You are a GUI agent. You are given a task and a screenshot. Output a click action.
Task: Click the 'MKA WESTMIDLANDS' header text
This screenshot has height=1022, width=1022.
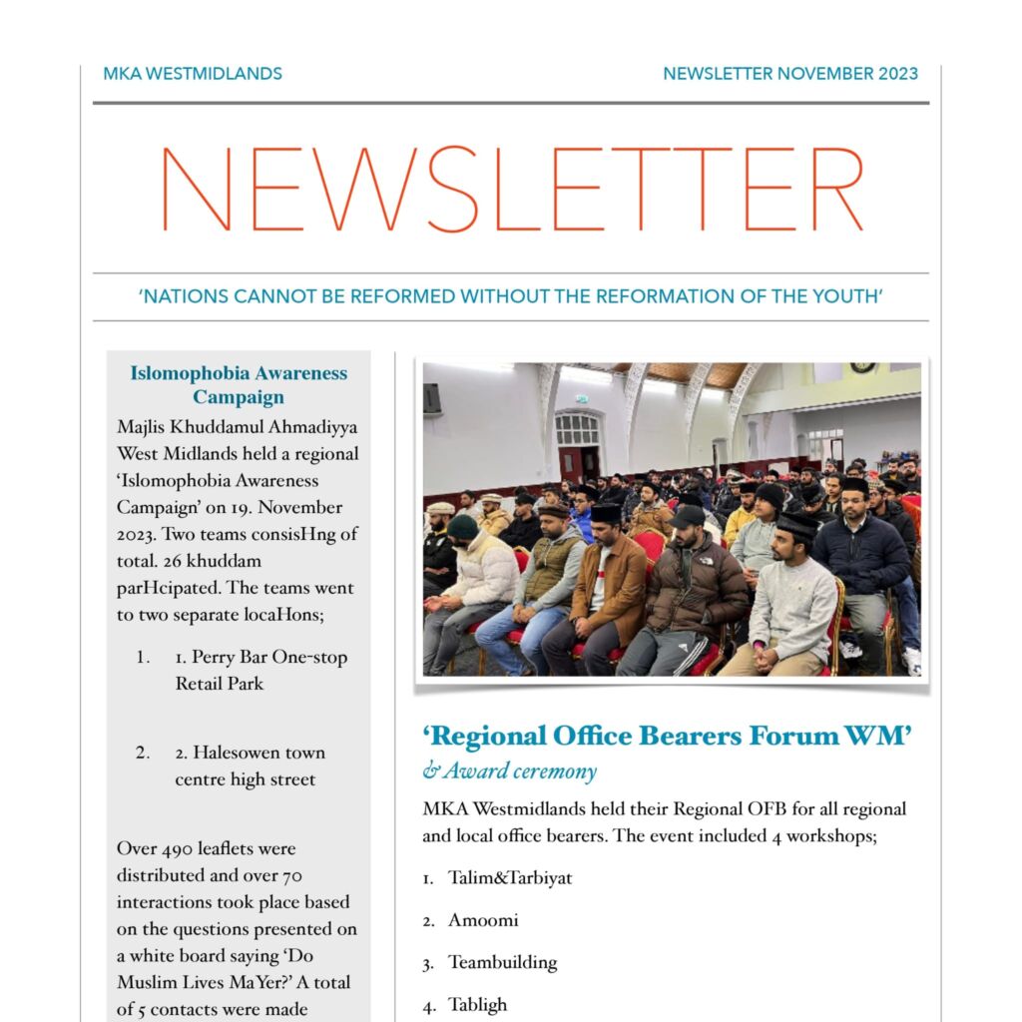pos(193,74)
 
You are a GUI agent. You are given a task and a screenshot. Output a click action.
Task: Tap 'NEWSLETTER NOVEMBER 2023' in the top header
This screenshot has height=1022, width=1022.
pos(790,74)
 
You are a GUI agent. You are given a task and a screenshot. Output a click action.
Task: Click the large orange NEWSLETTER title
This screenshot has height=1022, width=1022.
pos(511,190)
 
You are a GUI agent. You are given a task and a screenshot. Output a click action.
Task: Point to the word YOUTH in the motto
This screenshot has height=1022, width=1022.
pos(848,296)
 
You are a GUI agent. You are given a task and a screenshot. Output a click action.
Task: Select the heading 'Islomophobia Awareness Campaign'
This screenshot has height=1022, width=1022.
pos(239,385)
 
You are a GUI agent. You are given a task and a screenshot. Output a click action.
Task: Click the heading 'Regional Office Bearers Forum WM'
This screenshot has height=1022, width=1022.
pos(667,737)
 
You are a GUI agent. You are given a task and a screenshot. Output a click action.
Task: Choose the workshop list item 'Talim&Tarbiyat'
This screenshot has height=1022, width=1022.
pos(509,879)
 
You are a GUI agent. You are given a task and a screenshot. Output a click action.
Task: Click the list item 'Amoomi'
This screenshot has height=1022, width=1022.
pos(483,921)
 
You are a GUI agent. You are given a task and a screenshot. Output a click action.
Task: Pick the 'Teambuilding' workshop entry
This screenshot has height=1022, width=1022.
pos(502,963)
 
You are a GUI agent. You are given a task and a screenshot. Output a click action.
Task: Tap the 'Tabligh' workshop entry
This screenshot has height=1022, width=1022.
pos(477,1005)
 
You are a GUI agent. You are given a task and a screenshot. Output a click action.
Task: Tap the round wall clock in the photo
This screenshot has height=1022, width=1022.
pos(862,369)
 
